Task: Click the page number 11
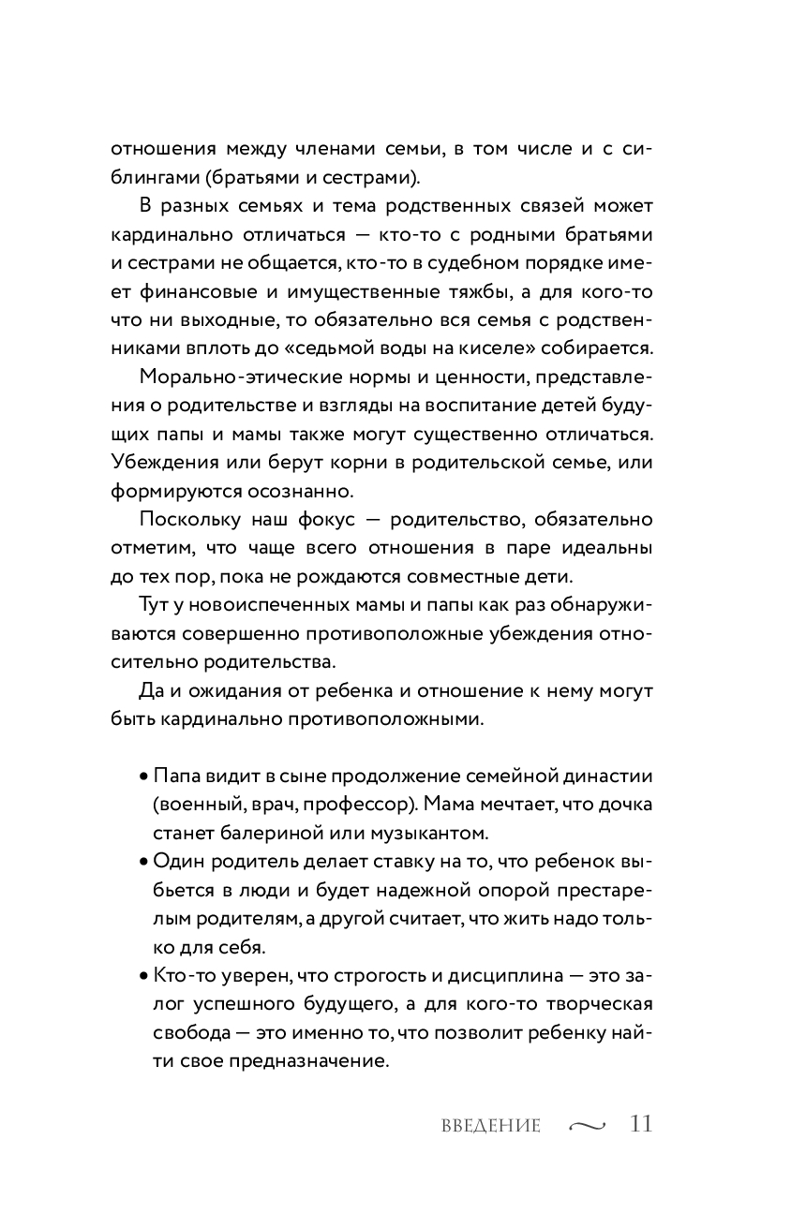click(641, 1123)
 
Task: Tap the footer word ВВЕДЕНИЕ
click(491, 1126)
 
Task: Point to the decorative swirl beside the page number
click(588, 1126)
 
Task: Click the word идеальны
click(605, 547)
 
